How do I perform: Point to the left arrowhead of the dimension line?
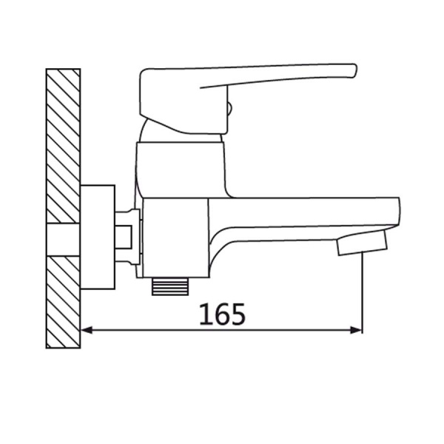tap(85, 330)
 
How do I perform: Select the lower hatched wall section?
tap(62, 303)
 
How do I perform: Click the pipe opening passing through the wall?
tap(62, 239)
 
